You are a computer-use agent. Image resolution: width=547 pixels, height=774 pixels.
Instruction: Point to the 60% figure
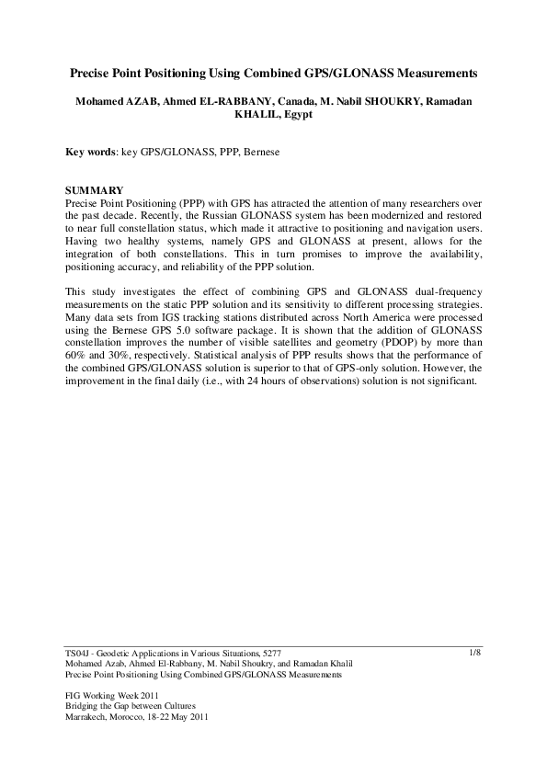pos(75,350)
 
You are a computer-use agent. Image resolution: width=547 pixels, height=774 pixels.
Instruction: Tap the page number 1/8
pos(475,652)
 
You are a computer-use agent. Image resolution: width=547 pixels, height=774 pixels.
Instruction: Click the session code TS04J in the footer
pos(77,653)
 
